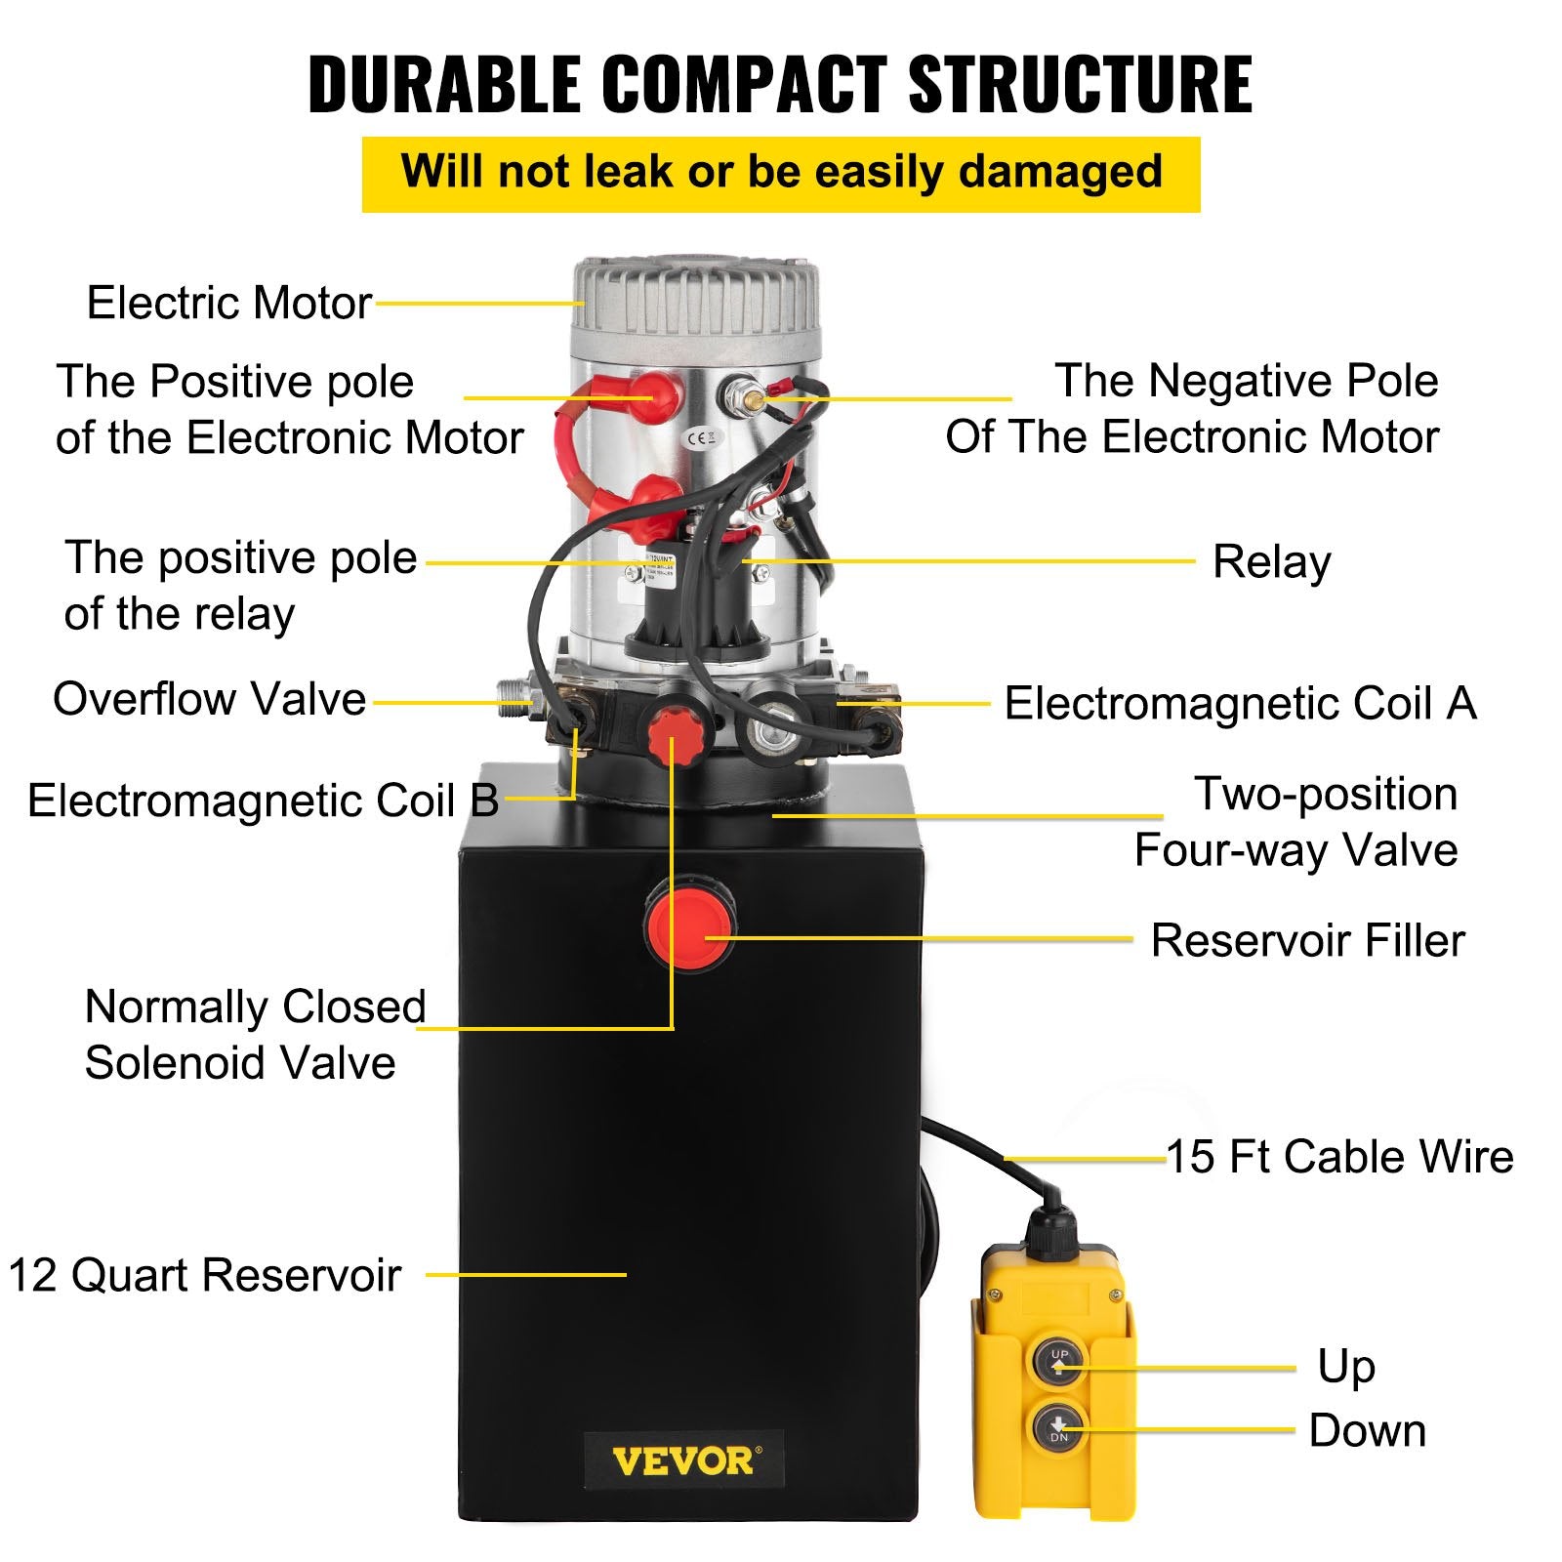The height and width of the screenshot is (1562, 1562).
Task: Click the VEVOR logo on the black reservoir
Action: click(x=683, y=1461)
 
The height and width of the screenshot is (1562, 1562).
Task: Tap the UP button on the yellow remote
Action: click(x=1059, y=1361)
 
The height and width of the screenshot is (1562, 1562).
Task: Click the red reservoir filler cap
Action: click(x=689, y=923)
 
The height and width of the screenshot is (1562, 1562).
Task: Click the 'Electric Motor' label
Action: click(x=229, y=303)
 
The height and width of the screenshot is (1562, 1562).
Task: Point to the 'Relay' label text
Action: click(x=1271, y=562)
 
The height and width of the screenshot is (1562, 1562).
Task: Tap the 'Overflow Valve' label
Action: click(x=209, y=699)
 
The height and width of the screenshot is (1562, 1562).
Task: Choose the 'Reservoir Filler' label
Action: click(x=1307, y=941)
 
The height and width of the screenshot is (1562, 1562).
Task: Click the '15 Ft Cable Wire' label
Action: click(x=1339, y=1157)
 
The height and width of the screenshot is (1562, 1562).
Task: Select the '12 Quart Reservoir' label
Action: click(x=205, y=1275)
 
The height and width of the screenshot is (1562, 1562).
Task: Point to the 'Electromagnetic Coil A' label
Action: click(x=1240, y=704)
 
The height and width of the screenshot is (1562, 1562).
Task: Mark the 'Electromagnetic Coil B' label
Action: click(x=263, y=801)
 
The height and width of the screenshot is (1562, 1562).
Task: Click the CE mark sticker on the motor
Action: click(x=701, y=438)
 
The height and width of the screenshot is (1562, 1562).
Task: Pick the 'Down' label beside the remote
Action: click(x=1367, y=1431)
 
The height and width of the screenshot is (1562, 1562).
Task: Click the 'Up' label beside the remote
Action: click(x=1345, y=1366)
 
